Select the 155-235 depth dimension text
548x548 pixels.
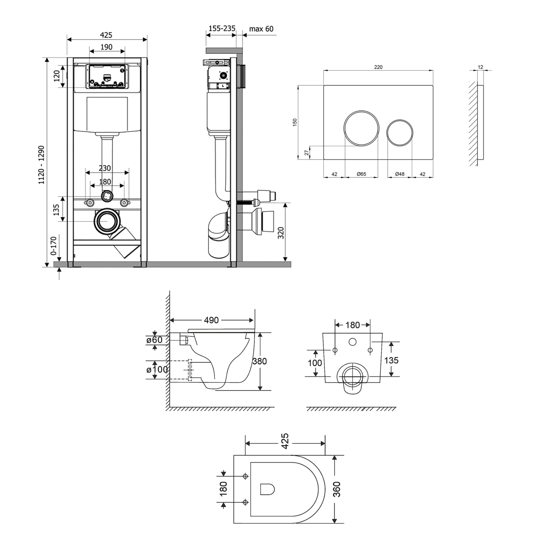[222, 28]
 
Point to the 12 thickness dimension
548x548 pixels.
[480, 67]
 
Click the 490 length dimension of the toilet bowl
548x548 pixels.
[211, 320]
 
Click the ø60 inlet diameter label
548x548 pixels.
[155, 340]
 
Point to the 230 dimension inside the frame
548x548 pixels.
[105, 168]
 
